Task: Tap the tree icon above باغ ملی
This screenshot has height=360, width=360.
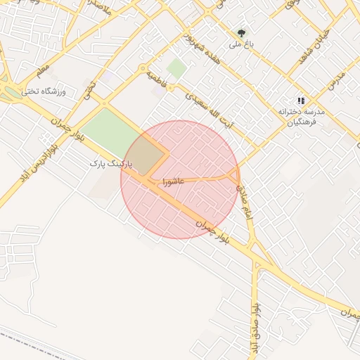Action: pos(242,32)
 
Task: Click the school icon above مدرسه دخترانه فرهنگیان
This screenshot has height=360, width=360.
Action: pos(302,101)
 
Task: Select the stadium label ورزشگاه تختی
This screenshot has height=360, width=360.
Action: pos(42,91)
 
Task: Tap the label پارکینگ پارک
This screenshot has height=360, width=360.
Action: pos(110,163)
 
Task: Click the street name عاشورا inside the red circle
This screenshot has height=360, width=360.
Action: pos(173,181)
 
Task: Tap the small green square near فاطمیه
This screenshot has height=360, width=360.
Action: pos(176,69)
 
